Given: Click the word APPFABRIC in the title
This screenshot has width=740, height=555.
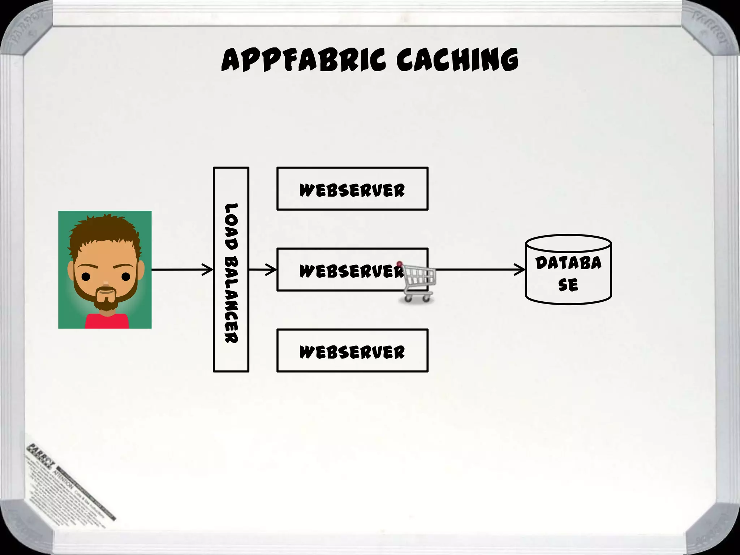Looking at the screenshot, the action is (x=304, y=60).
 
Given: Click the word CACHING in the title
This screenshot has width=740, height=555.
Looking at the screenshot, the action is (x=457, y=60).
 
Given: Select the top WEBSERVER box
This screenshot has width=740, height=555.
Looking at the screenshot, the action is (x=352, y=189).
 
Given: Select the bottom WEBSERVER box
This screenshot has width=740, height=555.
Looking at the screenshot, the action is (x=352, y=350).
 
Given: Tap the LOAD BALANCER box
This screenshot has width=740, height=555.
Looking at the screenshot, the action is (x=231, y=270).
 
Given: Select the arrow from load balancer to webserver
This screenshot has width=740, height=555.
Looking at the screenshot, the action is (x=263, y=270).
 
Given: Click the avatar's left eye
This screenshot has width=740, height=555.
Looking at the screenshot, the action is (x=86, y=277).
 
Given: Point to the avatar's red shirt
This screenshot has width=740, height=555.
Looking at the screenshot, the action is (x=107, y=321).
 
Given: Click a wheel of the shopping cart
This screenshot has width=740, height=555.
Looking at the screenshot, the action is (x=408, y=298).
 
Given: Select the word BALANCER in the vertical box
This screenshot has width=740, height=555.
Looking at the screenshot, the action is (x=231, y=300).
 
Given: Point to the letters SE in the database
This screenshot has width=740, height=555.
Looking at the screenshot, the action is (x=568, y=285).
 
